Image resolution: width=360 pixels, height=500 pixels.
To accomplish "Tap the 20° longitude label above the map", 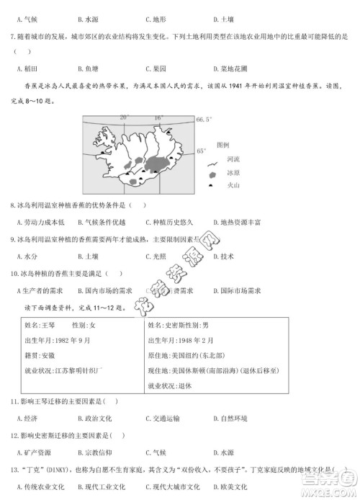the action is pos(124,117).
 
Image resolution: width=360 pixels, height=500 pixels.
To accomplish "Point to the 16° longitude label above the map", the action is pos(158,117).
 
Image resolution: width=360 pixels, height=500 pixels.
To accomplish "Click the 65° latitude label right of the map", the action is pos(202,151).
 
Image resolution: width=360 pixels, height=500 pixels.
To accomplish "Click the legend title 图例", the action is pos(223,143).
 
